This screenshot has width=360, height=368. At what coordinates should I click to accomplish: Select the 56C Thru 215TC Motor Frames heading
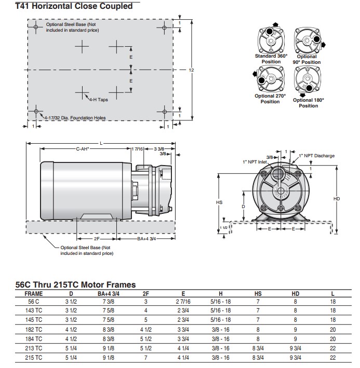click(x=76, y=284)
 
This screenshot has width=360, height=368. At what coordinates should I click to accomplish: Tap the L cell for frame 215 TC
click(x=332, y=358)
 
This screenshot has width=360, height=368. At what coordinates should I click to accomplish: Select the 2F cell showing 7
click(x=145, y=358)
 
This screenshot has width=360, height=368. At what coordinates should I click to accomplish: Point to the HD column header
click(x=296, y=293)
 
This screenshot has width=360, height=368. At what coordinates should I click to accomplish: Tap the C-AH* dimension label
click(x=83, y=149)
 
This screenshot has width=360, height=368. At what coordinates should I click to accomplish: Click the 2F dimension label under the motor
click(x=97, y=239)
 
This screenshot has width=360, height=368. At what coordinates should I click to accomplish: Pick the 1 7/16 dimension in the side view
click(x=138, y=149)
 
